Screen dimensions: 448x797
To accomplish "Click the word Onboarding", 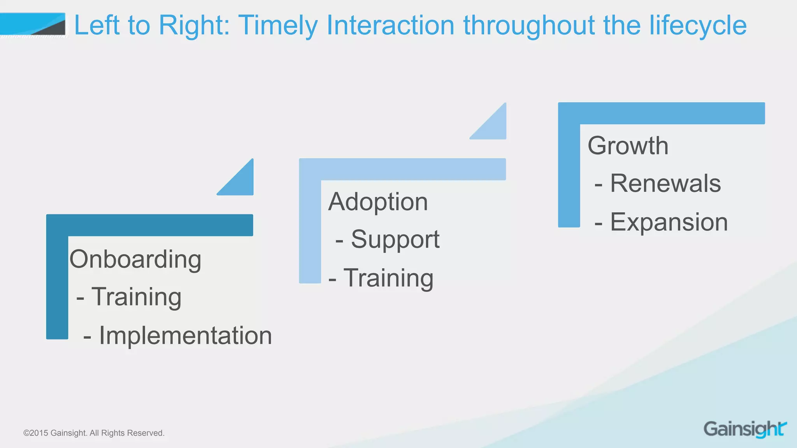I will coord(135,259).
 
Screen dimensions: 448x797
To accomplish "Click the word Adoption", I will coord(378,202).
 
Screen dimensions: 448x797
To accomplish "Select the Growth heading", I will coord(628,146).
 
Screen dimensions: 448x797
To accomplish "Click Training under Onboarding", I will coord(136,297).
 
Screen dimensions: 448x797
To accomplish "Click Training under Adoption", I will coord(388,278).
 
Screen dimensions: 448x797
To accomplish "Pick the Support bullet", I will coord(395,239).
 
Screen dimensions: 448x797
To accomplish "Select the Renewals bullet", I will coord(665,184).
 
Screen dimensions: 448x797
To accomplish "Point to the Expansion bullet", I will coord(669,222).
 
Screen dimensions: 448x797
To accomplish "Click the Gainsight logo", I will coord(745,429).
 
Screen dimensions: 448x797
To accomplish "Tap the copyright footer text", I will coord(94,433).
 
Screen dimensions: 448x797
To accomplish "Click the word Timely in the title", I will coord(278,25).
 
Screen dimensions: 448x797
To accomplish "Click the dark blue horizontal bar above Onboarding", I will coord(150,225).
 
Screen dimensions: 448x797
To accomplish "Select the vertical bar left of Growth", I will coord(569,175).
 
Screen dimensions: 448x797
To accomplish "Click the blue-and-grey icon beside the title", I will coord(33,24).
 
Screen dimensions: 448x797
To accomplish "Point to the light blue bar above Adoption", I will coord(402,169).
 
